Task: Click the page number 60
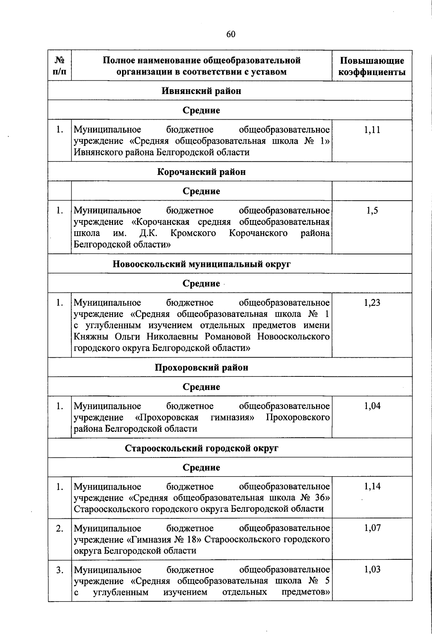coord(231,34)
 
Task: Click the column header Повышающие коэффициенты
coord(372,66)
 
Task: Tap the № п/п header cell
coord(60,66)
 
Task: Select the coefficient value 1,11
coord(372,130)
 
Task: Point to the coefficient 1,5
coord(372,211)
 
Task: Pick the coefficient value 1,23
coord(372,303)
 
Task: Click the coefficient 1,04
coord(372,406)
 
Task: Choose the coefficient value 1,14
coord(372,487)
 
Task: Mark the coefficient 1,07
coord(372,528)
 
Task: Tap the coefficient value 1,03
coord(372,570)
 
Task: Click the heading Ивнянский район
coord(201,91)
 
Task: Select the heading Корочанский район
coord(201,172)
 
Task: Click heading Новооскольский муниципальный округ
coord(201,264)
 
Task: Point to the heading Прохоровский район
coord(201,368)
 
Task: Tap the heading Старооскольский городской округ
coord(201,448)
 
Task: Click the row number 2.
coord(60,528)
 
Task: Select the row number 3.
coord(60,570)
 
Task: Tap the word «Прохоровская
coord(167,418)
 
